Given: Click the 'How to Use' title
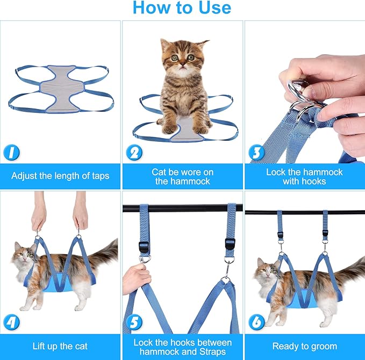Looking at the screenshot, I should coord(182,8).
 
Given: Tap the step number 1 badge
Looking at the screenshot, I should coord(11,153).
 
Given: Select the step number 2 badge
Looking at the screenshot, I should coord(134,153).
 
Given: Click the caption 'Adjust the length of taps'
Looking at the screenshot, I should coord(60,176).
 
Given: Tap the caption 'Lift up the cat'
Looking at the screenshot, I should coord(60,347).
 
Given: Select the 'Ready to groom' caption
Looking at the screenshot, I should coord(304,347).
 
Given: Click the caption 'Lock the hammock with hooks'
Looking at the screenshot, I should coord(304,177).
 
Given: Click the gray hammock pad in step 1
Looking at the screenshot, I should coord(62,87).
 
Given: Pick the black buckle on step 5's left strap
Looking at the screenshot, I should coord(143,247).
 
